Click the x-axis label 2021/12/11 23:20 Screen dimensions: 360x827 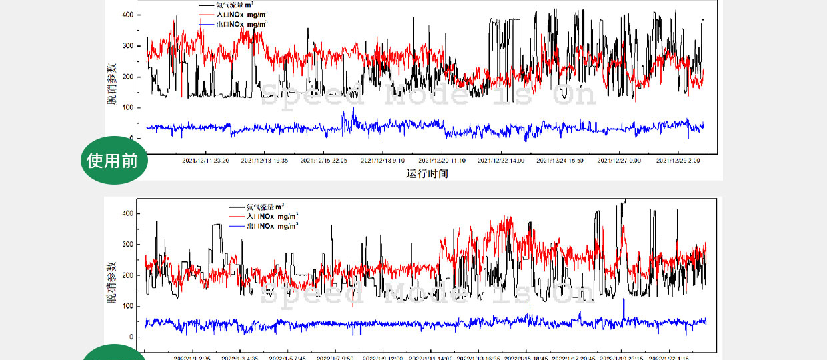coord(206,161)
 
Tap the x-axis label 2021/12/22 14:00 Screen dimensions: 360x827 coord(501,161)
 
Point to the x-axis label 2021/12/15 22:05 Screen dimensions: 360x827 coord(323,161)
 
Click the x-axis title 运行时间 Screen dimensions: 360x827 coord(427,174)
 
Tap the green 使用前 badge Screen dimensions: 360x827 coord(113,161)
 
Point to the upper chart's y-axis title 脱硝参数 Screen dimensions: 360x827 coord(111,83)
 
